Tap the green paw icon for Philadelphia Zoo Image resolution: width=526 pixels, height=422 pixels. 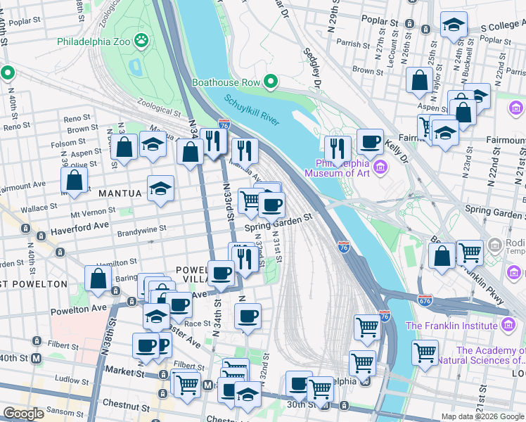pos(143,41)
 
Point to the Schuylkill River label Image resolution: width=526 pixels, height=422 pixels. pos(251,111)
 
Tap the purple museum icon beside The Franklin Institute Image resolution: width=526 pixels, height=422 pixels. pos(508,325)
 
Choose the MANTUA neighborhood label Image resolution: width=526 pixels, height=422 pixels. pos(122,192)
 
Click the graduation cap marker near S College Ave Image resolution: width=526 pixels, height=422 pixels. pos(454,25)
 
